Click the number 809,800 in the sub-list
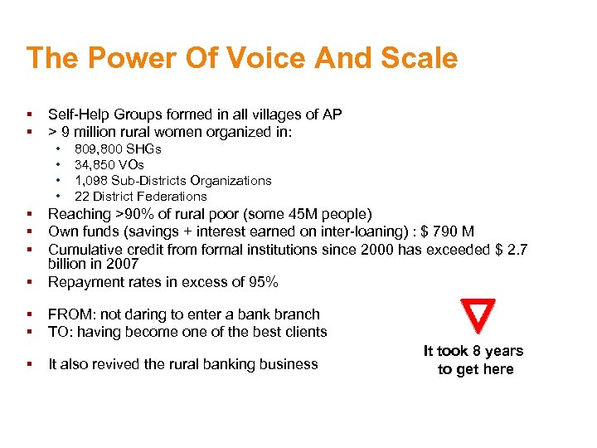99,149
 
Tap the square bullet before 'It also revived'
29,363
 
